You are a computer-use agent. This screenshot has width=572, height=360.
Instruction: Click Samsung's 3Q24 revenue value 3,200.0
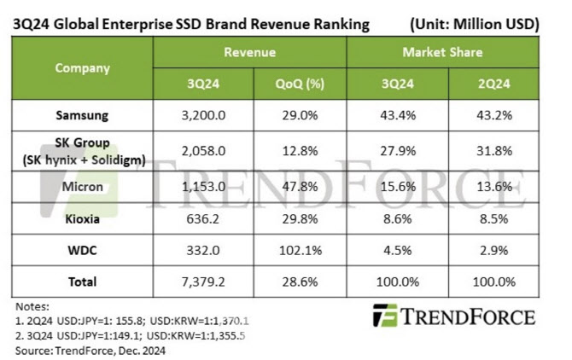click(x=203, y=114)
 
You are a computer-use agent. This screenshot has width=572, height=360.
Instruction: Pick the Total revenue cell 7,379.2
click(x=203, y=282)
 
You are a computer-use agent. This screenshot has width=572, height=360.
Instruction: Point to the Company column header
click(x=82, y=67)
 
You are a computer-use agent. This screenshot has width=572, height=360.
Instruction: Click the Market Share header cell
click(x=442, y=53)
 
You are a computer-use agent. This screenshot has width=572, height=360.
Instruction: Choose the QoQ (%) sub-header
click(x=300, y=84)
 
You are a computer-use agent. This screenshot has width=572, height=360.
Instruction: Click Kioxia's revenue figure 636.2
click(x=203, y=219)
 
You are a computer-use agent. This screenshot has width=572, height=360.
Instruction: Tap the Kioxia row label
click(x=82, y=219)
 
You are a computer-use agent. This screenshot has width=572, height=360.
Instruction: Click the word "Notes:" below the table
click(x=32, y=305)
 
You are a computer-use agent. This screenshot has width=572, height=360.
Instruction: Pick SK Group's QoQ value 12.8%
click(x=300, y=150)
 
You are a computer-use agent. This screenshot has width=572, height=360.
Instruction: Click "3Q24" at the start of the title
click(x=32, y=24)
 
